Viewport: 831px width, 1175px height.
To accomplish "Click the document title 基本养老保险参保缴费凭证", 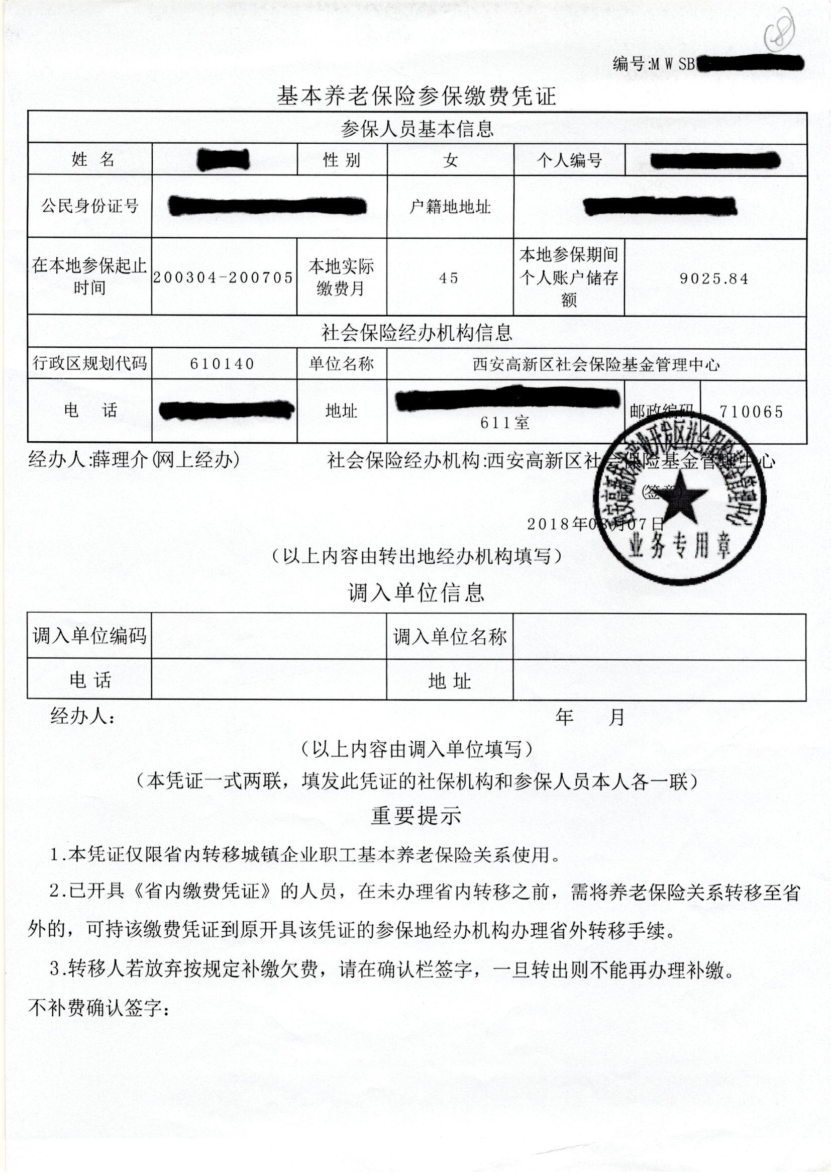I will click(416, 95).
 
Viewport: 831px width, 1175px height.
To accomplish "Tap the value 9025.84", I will click(714, 278).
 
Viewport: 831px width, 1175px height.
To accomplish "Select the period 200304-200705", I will click(223, 277).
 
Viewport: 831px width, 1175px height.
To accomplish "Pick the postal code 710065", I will click(751, 412).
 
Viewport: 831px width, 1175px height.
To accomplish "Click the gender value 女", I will click(450, 161).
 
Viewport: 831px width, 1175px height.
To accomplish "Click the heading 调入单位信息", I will click(416, 593).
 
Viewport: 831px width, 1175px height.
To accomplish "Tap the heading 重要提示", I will click(416, 816).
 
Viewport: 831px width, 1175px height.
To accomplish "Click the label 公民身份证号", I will click(90, 206).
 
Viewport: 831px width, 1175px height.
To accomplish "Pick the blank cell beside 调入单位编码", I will click(269, 636).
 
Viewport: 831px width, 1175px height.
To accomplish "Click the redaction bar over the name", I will click(224, 159).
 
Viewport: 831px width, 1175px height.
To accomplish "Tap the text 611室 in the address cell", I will click(504, 423).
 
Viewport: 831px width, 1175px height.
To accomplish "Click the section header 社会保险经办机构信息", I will click(417, 333).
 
